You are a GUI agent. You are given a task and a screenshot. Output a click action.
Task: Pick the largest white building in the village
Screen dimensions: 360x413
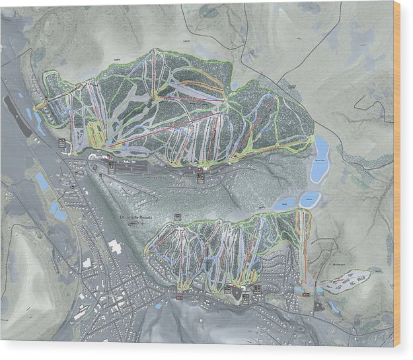[x=116, y=248]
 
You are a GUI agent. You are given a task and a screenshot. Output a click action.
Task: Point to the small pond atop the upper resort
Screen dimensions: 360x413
[x=235, y=85]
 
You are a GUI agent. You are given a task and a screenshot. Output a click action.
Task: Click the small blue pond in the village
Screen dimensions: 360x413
[x=159, y=306]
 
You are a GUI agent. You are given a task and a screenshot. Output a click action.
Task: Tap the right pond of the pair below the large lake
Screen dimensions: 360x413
[x=309, y=199]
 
